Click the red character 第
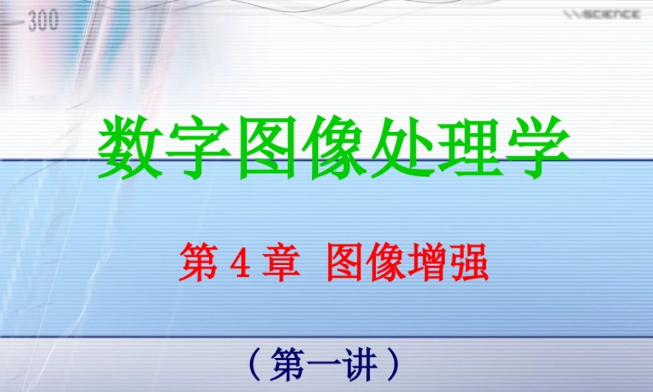[198, 263]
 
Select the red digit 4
[236, 263]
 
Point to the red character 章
[275, 263]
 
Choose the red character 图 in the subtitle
[347, 263]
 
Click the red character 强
[469, 263]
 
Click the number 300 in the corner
[43, 21]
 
